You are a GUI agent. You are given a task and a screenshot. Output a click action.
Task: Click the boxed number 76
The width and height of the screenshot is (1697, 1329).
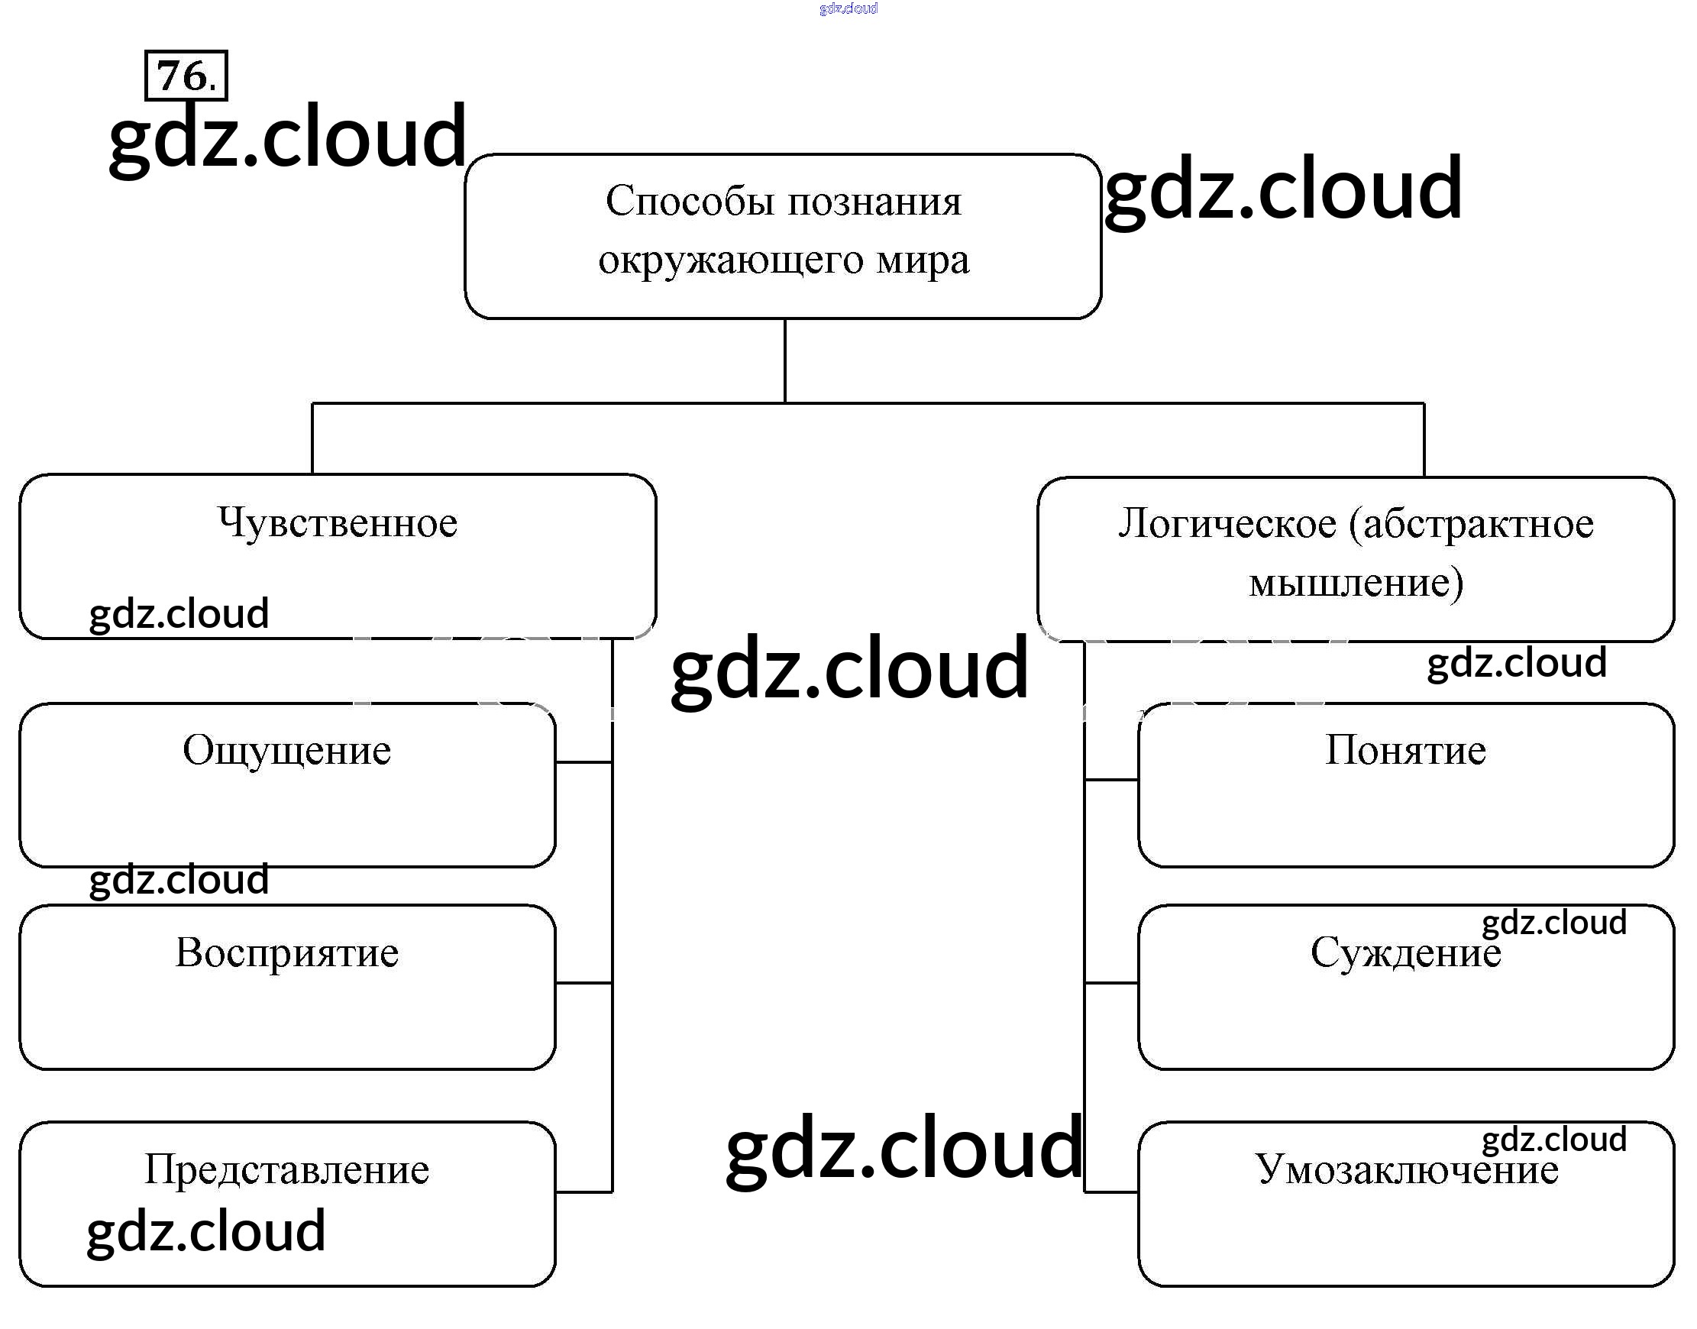point(186,76)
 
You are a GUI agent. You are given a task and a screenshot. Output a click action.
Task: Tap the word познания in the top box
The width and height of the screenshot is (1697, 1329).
point(874,202)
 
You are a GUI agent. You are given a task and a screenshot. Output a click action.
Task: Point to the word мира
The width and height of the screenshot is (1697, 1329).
point(923,260)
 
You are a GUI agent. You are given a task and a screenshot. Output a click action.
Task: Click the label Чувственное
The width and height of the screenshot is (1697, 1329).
point(338,522)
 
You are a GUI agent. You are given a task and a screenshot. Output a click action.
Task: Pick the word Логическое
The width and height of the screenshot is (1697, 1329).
point(1227,524)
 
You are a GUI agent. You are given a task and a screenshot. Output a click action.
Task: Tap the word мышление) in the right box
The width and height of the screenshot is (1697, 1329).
point(1356,582)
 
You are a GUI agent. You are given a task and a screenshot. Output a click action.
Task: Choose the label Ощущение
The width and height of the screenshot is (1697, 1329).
point(287,751)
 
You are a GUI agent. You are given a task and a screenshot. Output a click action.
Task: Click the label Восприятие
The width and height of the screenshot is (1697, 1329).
point(287,953)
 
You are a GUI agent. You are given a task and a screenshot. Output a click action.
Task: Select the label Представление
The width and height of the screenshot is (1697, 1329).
point(287,1169)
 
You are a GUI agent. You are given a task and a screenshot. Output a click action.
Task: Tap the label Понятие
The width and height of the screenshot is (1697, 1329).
point(1405,751)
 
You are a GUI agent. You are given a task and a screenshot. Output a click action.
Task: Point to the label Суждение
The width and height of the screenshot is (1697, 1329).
point(1405,953)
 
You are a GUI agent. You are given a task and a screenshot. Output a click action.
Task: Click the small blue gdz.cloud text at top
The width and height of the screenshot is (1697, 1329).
point(848,8)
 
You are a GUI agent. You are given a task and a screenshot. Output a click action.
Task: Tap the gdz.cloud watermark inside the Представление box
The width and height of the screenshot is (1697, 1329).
point(206,1231)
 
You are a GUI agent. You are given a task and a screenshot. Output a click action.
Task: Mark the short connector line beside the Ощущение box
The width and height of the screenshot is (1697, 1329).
point(583,762)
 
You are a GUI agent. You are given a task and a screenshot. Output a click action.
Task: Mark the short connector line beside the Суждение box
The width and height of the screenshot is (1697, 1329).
point(1111,983)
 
